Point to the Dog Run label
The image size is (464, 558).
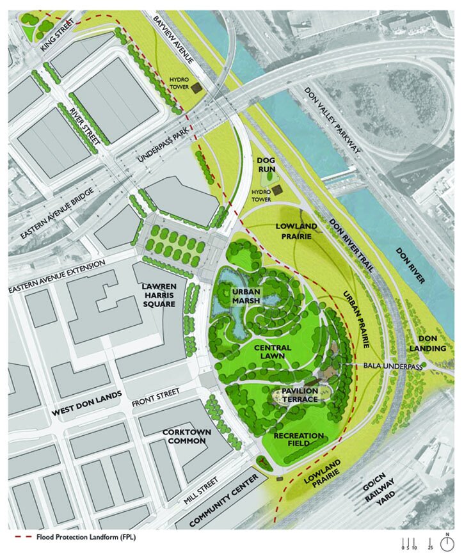[266, 164]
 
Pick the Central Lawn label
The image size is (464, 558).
[271, 352]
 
